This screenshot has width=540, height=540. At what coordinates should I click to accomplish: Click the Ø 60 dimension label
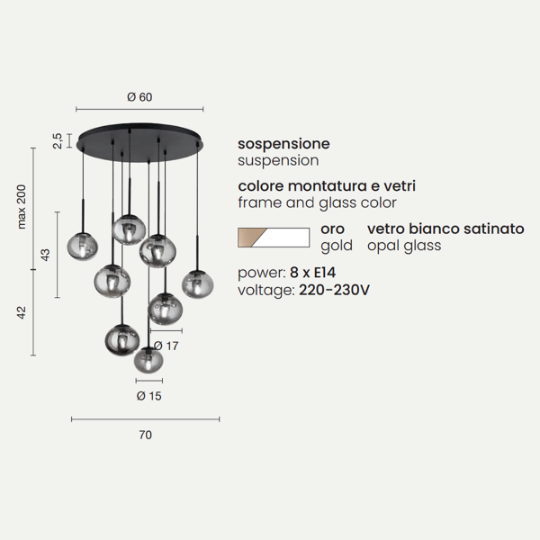point(139,97)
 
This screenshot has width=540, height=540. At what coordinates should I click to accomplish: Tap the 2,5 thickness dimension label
point(58,141)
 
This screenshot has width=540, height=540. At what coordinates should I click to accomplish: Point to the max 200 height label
point(22,207)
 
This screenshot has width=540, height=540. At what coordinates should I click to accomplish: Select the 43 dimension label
point(45,255)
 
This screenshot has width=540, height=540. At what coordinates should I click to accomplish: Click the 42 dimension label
point(22,312)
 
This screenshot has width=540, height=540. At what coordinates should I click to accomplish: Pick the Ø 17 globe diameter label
point(166,346)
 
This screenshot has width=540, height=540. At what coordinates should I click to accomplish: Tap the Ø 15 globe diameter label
point(148,396)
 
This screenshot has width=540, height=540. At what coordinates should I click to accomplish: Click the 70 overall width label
point(145,435)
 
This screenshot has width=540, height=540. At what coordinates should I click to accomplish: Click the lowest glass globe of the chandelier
point(148,360)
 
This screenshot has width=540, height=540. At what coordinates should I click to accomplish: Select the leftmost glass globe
point(82,247)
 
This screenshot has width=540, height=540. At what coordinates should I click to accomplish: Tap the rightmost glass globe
point(198,284)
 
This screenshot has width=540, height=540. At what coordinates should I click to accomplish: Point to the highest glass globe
point(129,229)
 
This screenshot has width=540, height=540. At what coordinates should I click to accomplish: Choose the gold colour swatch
point(251,238)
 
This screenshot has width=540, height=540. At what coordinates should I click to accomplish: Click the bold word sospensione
point(283,144)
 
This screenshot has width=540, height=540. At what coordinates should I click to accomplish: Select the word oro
point(332,229)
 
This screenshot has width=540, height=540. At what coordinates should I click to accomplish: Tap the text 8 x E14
point(312,273)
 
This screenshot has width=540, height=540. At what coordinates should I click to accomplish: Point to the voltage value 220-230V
point(334,290)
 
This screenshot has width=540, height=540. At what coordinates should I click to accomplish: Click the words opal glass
point(404,247)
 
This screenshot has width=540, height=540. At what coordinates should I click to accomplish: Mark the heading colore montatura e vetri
point(327,186)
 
